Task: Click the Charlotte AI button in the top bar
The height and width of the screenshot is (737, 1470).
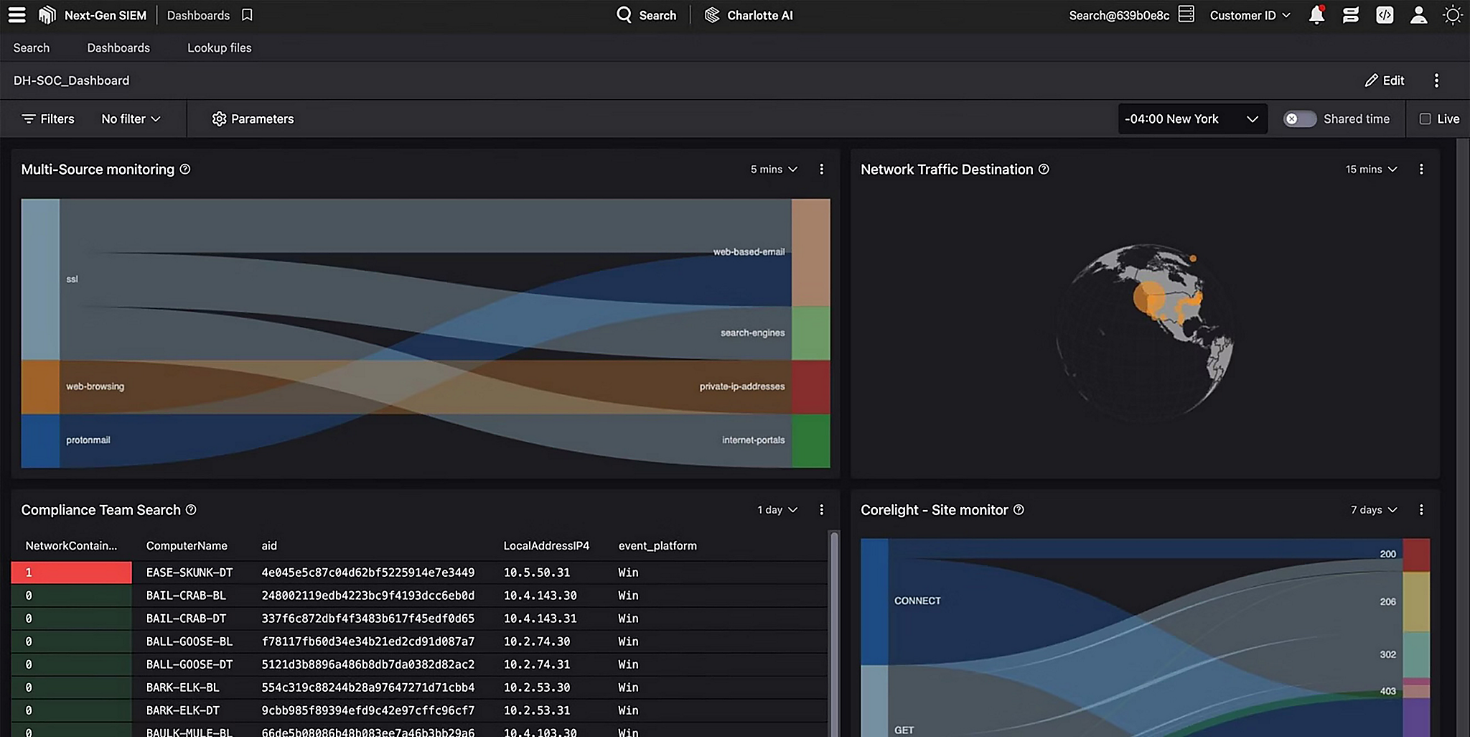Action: (749, 15)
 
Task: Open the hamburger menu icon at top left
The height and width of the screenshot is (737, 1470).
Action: (17, 15)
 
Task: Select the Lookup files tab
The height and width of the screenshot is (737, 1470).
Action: (219, 48)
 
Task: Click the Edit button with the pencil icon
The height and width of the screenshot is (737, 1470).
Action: (1385, 80)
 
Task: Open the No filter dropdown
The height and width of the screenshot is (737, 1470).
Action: (131, 119)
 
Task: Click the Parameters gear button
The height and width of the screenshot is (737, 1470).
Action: (253, 119)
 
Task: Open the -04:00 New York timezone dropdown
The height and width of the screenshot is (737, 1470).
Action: (1192, 119)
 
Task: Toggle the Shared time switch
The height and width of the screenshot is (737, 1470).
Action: (1299, 119)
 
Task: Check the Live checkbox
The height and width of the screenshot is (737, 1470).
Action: (1425, 119)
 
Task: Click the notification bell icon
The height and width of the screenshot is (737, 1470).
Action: (1316, 15)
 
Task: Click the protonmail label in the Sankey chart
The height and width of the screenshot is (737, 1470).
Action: (88, 440)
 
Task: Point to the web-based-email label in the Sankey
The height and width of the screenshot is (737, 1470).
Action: (748, 252)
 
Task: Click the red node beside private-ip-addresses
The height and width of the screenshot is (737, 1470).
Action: (810, 386)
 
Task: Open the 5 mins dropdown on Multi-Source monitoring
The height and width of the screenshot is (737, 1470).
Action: (774, 170)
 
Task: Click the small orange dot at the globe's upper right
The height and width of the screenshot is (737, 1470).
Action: (1193, 259)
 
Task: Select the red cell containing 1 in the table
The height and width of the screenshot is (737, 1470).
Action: (71, 573)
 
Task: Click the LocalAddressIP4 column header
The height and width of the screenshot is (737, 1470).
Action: (546, 546)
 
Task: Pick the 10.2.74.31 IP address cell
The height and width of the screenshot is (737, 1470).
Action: (536, 664)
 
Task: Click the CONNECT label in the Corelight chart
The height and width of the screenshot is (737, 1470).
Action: (917, 601)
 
